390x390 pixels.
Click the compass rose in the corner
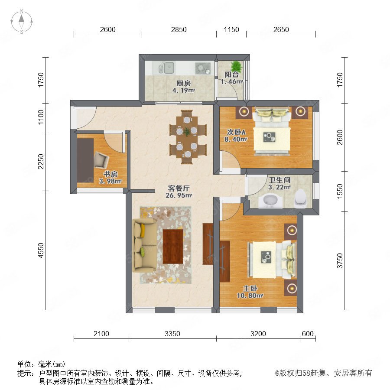pos(22,22)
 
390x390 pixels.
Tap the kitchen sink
pos(167,68)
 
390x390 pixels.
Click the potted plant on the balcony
pos(236,66)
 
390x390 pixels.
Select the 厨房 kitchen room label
pos(184,83)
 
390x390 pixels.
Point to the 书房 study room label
pos(110,174)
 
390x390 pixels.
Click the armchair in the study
pos(101,160)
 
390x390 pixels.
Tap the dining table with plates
pos(188,137)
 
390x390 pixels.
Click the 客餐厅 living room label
pos(179,188)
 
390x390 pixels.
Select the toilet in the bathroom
pos(300,198)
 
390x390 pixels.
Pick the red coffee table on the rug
pos(173,247)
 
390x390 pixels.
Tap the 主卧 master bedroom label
pos(250,289)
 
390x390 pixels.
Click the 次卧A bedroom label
pos(236,132)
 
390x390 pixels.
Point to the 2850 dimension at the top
pos(179,29)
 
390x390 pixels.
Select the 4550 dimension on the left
pos(41,250)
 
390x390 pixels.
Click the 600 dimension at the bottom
pos(308,334)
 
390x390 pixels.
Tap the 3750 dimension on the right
pos(339,261)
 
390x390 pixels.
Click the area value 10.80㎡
pos(250,296)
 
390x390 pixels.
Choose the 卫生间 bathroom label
pos(279,180)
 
